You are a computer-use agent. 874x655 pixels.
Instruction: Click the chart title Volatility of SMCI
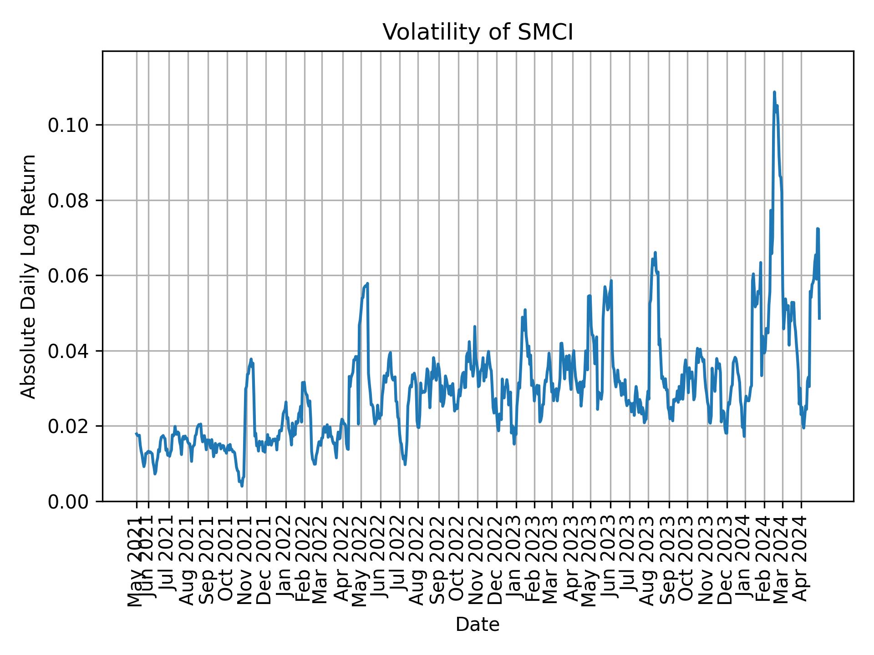[478, 33]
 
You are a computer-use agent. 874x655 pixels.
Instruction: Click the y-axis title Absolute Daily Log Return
[29, 276]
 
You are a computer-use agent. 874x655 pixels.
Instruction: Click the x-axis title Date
[478, 625]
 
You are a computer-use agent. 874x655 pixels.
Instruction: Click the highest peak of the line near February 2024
[774, 92]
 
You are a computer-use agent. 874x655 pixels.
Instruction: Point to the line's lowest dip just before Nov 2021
[242, 486]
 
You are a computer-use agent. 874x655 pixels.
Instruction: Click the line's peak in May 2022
[367, 283]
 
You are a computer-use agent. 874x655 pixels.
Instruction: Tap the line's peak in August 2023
[655, 252]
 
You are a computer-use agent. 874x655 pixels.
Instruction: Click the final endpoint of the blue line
[819, 318]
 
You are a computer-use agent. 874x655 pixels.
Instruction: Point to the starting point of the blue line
[136, 433]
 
